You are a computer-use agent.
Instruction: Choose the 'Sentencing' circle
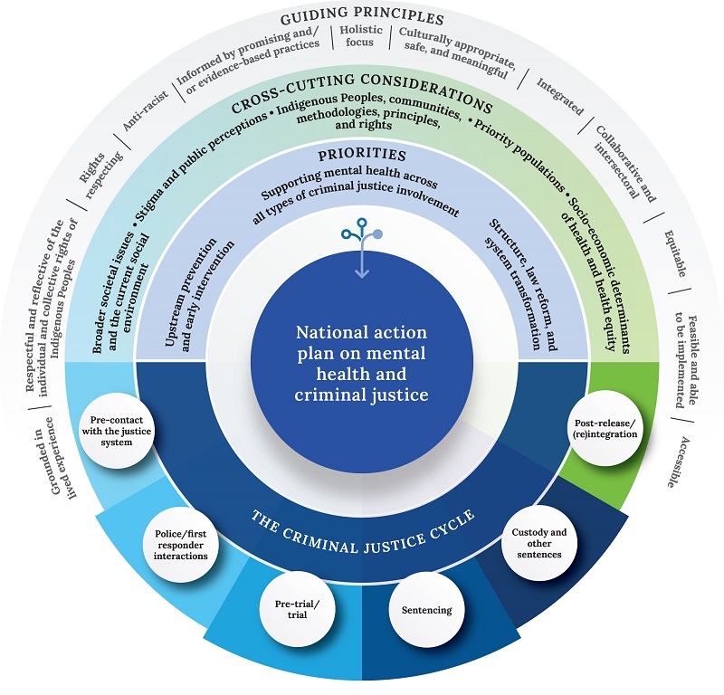425,610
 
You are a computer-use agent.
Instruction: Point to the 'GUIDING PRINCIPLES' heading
362,18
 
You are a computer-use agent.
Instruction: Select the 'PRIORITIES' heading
362,155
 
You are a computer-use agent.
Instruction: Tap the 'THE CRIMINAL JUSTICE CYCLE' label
361,530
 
